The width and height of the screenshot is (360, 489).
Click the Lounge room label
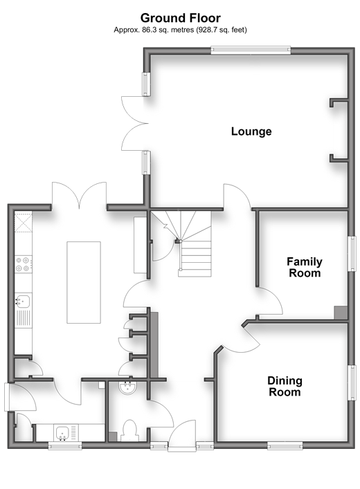251,131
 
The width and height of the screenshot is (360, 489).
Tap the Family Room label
305,267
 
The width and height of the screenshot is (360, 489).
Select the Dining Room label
285,386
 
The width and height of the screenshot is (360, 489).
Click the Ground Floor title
181,18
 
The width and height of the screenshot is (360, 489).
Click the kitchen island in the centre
84,282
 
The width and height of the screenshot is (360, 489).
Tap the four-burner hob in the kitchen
23,264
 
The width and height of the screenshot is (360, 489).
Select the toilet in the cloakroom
130,431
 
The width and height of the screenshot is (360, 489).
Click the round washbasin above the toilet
127,388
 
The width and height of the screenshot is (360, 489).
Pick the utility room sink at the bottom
62,433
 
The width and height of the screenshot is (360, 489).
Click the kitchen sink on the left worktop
23,302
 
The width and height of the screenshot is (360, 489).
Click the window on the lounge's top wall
251,50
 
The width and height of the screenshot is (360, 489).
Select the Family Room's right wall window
352,254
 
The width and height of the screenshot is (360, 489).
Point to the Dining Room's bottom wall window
285,446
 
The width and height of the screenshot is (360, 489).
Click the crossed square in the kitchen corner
24,222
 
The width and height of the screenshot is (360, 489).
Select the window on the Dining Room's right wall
352,382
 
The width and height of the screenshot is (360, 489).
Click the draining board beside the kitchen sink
24,317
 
